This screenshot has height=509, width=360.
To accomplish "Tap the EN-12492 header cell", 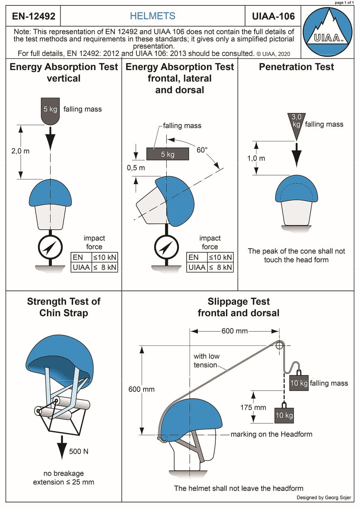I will click(33, 17).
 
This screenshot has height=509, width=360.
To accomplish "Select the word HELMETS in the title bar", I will click(153, 17).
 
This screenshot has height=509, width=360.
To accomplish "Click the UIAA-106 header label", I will click(273, 17).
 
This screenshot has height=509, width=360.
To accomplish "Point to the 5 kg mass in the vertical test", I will click(50, 110).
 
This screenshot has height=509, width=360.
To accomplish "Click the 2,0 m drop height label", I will click(20, 151).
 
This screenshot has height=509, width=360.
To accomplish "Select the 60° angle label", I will click(202, 150).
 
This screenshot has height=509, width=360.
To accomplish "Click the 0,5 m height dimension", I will click(136, 168).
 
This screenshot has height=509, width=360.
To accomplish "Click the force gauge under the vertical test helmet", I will click(50, 248).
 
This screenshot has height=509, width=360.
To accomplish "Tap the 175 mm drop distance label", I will click(253, 407).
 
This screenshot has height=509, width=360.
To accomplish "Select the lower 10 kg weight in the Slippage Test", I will click(284, 414).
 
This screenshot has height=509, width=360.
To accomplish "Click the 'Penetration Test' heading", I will click(296, 67).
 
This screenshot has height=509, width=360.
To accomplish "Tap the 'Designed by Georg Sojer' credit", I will click(324, 497).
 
